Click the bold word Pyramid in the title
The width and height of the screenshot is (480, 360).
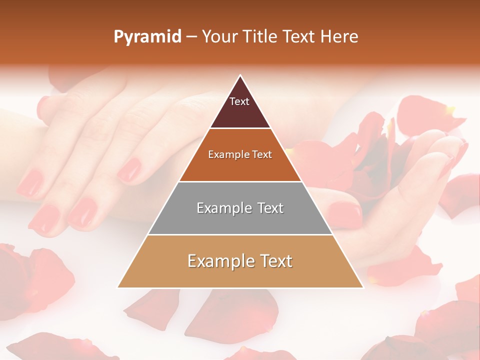(x=147, y=37)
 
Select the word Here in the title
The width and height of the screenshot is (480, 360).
(x=339, y=36)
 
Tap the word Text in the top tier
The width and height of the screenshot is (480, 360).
(x=239, y=101)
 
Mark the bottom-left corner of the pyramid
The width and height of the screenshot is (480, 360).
(x=118, y=287)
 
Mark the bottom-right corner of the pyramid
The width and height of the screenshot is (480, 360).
(x=362, y=287)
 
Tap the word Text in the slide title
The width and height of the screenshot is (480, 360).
(x=300, y=36)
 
